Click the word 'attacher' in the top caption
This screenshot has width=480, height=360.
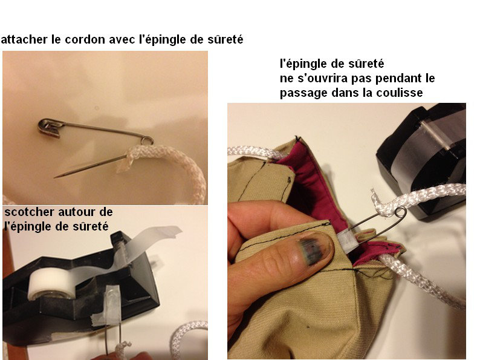pyautogui.click(x=24, y=39)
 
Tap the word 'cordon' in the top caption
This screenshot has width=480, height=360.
pyautogui.click(x=85, y=39)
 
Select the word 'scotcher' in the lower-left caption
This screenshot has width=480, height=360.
pyautogui.click(x=29, y=212)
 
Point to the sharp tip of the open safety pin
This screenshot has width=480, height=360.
pyautogui.click(x=55, y=177)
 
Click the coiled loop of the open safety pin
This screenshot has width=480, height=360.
pyautogui.click(x=148, y=140)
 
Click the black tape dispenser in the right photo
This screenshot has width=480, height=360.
pyautogui.click(x=423, y=159)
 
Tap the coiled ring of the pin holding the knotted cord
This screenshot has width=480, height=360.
pyautogui.click(x=400, y=213)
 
